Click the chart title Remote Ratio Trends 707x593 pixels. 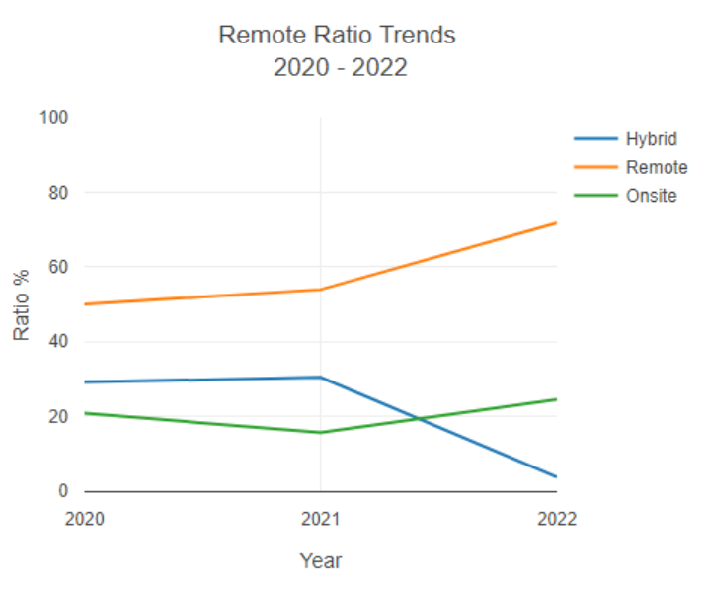(337, 36)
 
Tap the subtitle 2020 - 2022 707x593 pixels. (337, 68)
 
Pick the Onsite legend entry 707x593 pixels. (651, 196)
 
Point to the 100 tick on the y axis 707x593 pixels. (53, 118)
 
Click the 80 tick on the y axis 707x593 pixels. (57, 193)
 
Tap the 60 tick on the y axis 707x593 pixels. (57, 267)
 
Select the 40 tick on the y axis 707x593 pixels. (57, 342)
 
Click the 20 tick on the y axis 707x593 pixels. (57, 416)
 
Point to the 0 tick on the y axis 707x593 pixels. (62, 491)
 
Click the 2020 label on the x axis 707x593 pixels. (85, 519)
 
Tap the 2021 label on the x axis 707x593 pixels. (321, 519)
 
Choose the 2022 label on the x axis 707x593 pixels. (557, 519)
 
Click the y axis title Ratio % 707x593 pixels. (22, 304)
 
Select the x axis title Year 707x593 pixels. (321, 561)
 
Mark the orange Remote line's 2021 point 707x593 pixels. (321, 290)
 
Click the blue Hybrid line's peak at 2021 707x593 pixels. (321, 377)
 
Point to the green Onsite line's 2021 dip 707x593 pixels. (321, 432)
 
